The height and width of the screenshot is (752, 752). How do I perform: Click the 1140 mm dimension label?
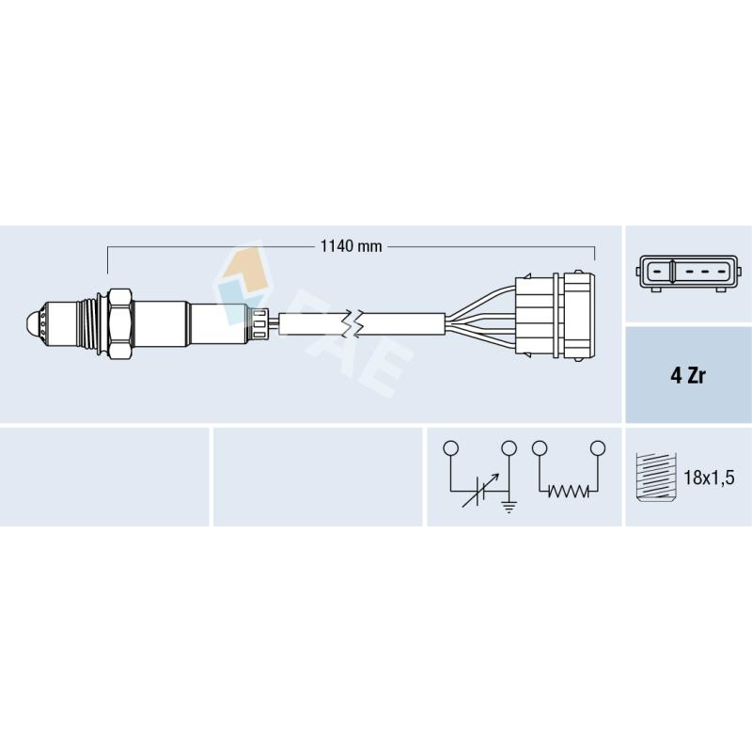(x=351, y=246)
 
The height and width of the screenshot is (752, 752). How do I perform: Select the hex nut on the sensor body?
(x=120, y=323)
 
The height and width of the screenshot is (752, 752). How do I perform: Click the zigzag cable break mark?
(x=353, y=322)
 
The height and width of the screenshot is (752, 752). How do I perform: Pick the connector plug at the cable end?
(x=556, y=316)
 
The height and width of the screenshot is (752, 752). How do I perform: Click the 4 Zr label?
(x=688, y=375)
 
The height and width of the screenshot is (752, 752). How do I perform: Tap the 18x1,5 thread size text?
(x=709, y=478)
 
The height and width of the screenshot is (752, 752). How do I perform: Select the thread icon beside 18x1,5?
(x=655, y=478)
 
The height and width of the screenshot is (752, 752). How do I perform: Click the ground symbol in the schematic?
(x=509, y=506)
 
